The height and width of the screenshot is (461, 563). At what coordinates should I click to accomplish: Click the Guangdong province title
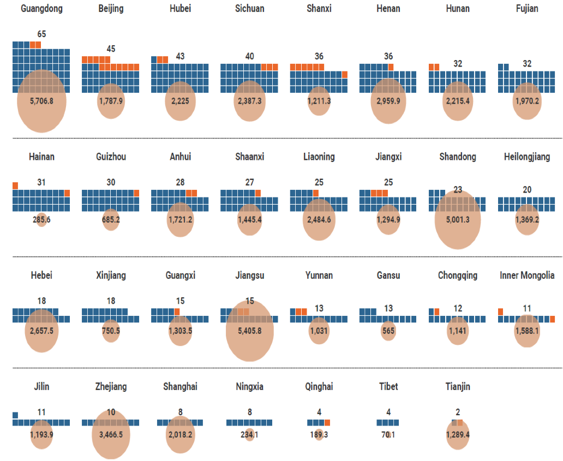[41, 9]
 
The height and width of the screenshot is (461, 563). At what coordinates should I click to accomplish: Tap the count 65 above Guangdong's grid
[41, 34]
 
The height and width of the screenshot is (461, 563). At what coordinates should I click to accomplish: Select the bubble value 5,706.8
[41, 101]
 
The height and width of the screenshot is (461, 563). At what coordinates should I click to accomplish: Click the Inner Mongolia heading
[527, 275]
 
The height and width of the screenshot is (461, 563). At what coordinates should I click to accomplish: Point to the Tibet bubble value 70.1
[388, 435]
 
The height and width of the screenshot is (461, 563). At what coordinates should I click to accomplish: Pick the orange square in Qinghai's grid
[327, 422]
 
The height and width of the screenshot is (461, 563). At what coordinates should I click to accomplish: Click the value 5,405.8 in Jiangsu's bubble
[250, 331]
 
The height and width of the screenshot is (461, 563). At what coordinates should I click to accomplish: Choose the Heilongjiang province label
[527, 157]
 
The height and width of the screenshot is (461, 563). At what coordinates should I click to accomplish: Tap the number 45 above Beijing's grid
[111, 49]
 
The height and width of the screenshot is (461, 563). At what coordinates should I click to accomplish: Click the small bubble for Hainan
[41, 220]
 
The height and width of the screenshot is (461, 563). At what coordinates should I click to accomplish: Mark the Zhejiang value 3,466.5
[111, 435]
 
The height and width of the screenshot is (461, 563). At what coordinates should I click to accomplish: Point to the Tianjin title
[458, 386]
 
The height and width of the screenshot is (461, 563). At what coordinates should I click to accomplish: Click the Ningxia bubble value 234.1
[250, 435]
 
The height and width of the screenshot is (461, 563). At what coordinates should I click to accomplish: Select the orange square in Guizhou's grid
[136, 193]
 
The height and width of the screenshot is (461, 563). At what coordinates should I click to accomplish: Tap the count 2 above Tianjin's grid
[458, 412]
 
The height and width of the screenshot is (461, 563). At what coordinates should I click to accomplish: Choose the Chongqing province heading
[458, 275]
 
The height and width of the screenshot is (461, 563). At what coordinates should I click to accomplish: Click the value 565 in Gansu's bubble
[388, 331]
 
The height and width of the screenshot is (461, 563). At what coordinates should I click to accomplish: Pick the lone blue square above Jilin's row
[15, 415]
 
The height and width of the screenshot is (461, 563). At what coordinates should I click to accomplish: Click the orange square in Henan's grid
[391, 67]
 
